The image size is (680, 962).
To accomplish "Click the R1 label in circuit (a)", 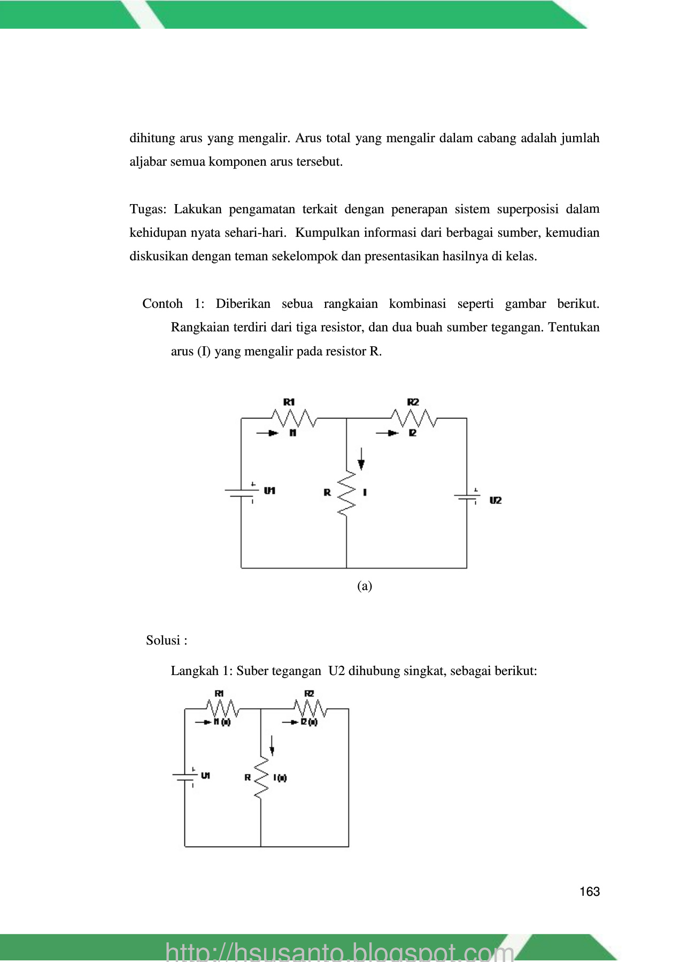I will click(x=289, y=402).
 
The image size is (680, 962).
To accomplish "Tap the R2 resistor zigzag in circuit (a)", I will click(x=414, y=417).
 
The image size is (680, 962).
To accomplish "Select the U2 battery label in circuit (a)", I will click(x=496, y=500).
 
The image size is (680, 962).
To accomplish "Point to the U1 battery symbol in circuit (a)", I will click(x=242, y=493).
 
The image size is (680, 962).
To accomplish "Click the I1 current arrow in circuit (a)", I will click(x=268, y=433).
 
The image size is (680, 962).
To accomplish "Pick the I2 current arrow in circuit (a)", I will click(x=388, y=433).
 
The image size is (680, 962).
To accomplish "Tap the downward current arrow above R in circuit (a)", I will click(x=361, y=459).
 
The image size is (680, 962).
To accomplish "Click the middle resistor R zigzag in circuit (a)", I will click(x=346, y=493).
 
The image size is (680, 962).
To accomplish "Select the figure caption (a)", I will click(x=365, y=586).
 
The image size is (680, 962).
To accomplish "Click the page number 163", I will click(x=589, y=891).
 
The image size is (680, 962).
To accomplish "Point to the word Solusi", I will click(x=163, y=640).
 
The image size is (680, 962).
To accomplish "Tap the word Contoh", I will click(x=163, y=304).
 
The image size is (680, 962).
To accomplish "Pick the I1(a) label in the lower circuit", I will click(x=222, y=722).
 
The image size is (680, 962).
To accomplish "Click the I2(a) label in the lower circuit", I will click(x=309, y=722).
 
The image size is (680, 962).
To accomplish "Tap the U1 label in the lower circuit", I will click(x=205, y=775).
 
